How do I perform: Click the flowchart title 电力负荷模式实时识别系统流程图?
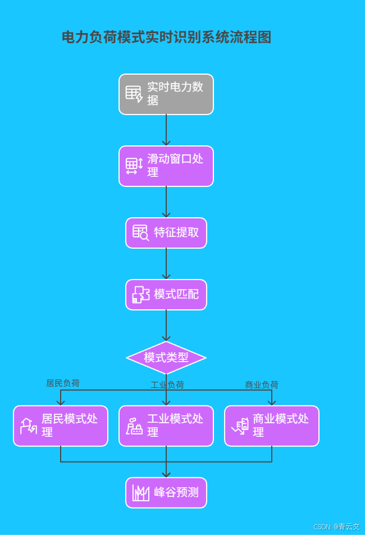166,38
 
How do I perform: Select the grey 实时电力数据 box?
166,94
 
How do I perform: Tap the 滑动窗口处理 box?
166,166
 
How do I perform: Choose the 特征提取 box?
166,233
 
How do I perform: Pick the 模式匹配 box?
166,295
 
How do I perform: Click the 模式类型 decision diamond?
166,358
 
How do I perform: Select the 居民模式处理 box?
61,426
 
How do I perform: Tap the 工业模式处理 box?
166,426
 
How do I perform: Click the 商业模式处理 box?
272,426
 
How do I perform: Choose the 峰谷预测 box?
166,493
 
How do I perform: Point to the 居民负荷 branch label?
63,383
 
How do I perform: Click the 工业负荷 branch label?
167,385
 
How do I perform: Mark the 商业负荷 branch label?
262,385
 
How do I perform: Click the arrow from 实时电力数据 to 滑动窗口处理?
166,130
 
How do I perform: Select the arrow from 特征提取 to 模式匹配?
166,264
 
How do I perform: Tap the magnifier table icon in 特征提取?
140,233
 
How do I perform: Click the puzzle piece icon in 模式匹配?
140,295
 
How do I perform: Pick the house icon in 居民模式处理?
28,426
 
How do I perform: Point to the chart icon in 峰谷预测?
140,493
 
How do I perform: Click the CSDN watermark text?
336,527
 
